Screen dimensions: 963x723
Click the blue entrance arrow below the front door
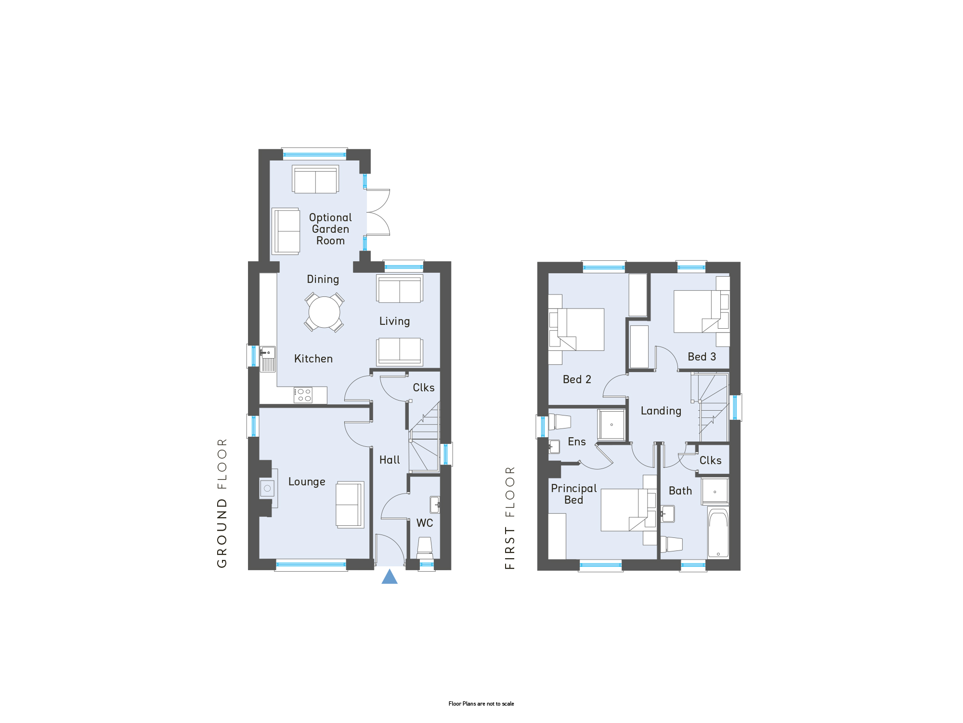pyautogui.click(x=390, y=576)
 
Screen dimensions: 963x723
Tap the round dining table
pyautogui.click(x=324, y=312)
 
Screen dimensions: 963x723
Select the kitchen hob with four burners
pyautogui.click(x=303, y=395)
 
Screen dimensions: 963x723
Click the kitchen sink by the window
pyautogui.click(x=268, y=359)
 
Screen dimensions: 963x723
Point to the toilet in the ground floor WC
pyautogui.click(x=425, y=548)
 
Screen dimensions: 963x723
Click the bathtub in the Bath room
pyautogui.click(x=718, y=533)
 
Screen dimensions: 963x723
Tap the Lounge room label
pyautogui.click(x=307, y=482)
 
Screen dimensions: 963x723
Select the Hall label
pyautogui.click(x=390, y=460)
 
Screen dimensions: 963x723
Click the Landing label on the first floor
pyautogui.click(x=661, y=411)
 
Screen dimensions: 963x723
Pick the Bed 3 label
pyautogui.click(x=702, y=357)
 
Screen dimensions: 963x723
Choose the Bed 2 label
pyautogui.click(x=577, y=379)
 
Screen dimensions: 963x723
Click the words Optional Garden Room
pyautogui.click(x=330, y=229)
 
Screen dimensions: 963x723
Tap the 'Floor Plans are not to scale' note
pyautogui.click(x=481, y=704)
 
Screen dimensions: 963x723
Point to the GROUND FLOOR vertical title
pyautogui.click(x=222, y=503)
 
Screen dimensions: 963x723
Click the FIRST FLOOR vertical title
pyautogui.click(x=510, y=518)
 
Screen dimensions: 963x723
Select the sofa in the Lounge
pyautogui.click(x=350, y=505)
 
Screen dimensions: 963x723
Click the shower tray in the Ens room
pyautogui.click(x=612, y=425)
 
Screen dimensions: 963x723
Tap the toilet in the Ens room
pyautogui.click(x=560, y=422)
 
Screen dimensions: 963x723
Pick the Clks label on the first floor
pyautogui.click(x=710, y=461)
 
